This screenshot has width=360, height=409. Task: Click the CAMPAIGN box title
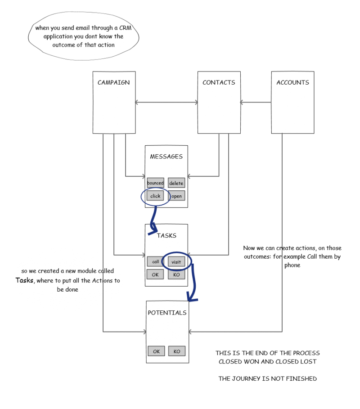pos(113,82)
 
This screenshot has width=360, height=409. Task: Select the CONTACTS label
pos(219,82)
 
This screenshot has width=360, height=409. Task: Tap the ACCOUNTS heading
pos(292,82)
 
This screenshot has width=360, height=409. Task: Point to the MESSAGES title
pos(166,157)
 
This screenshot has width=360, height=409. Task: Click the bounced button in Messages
pos(156,183)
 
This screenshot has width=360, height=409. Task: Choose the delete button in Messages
pos(176,183)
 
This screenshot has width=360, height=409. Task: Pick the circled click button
pos(155,196)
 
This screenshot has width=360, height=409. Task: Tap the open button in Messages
pos(176,196)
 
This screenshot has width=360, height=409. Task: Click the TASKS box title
pos(166,235)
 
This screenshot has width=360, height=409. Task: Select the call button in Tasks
pos(156,261)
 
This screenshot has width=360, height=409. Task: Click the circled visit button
pos(176,261)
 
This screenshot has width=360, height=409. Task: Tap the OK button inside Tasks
pos(155,274)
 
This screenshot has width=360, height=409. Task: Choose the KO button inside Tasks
pos(176,274)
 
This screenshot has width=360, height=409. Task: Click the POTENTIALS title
pos(167,313)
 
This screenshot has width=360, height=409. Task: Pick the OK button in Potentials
pos(156,351)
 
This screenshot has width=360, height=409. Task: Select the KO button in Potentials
pos(177,351)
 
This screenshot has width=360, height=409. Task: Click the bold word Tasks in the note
pos(24,280)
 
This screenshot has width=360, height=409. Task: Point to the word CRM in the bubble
pos(125,28)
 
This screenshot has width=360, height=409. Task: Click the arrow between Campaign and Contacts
pos(166,102)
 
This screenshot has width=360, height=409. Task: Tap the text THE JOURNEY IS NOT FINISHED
pos(268,378)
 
